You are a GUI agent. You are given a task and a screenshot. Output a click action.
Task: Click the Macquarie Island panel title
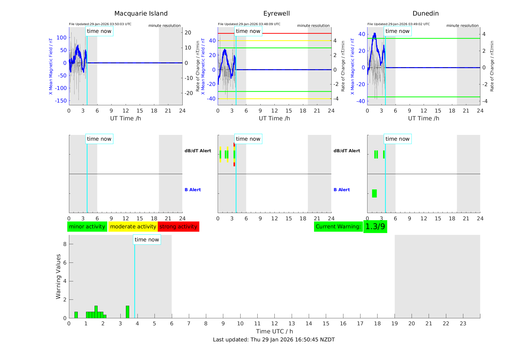[141, 14]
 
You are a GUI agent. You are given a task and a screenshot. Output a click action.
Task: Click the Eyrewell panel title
[276, 14]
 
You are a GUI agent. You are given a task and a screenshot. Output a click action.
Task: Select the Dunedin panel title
[425, 14]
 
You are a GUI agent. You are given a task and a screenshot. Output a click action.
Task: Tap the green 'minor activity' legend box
[87, 227]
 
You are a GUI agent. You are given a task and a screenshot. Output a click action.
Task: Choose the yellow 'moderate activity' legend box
[133, 227]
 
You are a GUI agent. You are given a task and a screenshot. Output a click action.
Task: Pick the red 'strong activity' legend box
[178, 227]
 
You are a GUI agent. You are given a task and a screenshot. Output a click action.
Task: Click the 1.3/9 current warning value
[375, 227]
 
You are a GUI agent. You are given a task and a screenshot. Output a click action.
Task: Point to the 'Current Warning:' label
[338, 227]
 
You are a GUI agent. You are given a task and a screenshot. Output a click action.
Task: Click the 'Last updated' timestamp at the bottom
[274, 340]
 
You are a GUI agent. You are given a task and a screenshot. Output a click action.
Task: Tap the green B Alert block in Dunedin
[374, 193]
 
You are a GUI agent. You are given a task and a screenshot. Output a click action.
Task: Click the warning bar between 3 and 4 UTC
[127, 312]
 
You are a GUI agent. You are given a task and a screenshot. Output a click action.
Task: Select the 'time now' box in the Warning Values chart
[147, 240]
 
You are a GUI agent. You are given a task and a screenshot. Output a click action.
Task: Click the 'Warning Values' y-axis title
[58, 276]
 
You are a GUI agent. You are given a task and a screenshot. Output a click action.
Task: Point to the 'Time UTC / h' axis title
[274, 331]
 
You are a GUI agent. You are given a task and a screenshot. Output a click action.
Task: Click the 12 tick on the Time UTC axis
[275, 324]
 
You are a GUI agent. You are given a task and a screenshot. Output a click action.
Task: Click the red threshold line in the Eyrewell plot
[283, 33]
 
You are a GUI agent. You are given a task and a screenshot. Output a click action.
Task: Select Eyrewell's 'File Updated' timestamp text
[249, 24]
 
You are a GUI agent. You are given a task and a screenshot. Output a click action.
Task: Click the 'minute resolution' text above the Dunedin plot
[462, 26]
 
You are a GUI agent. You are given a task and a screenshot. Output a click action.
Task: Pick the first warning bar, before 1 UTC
[76, 315]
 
